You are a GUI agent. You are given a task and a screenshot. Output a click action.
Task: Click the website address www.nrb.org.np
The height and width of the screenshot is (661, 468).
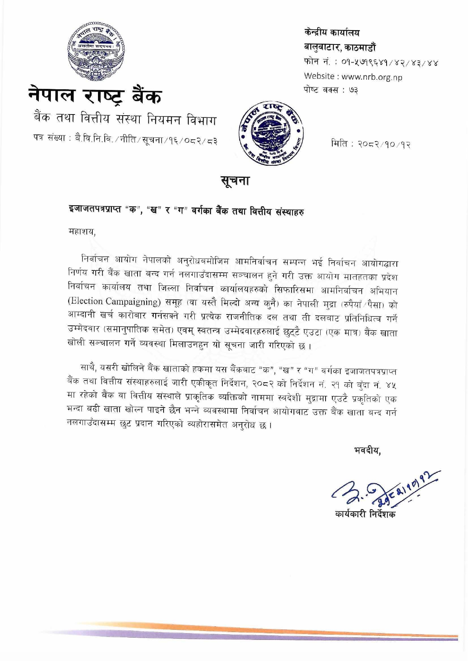click(x=372, y=77)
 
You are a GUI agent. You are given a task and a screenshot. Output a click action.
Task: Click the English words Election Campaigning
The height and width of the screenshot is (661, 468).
click(x=109, y=302)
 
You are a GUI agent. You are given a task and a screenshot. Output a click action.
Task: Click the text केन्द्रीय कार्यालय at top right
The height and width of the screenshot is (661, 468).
click(x=332, y=33)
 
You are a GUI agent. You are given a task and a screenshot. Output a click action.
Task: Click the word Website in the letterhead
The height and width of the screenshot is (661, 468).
click(x=320, y=76)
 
